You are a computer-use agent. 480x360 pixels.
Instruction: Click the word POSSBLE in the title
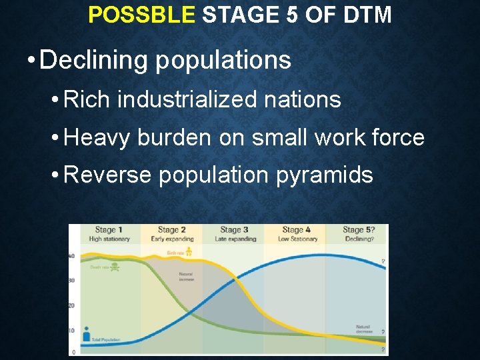[141, 15]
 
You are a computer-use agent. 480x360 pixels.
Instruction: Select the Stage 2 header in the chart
[171, 230]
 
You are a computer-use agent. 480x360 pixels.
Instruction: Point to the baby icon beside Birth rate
[189, 251]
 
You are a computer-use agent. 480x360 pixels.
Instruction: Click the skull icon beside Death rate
[115, 267]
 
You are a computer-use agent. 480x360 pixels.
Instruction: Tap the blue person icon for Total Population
[86, 335]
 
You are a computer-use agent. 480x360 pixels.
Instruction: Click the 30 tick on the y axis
[72, 281]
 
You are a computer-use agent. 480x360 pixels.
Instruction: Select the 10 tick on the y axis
[72, 331]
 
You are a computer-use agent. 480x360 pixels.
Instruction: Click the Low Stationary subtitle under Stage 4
[297, 239]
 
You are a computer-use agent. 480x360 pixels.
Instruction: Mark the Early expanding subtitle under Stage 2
[172, 239]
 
